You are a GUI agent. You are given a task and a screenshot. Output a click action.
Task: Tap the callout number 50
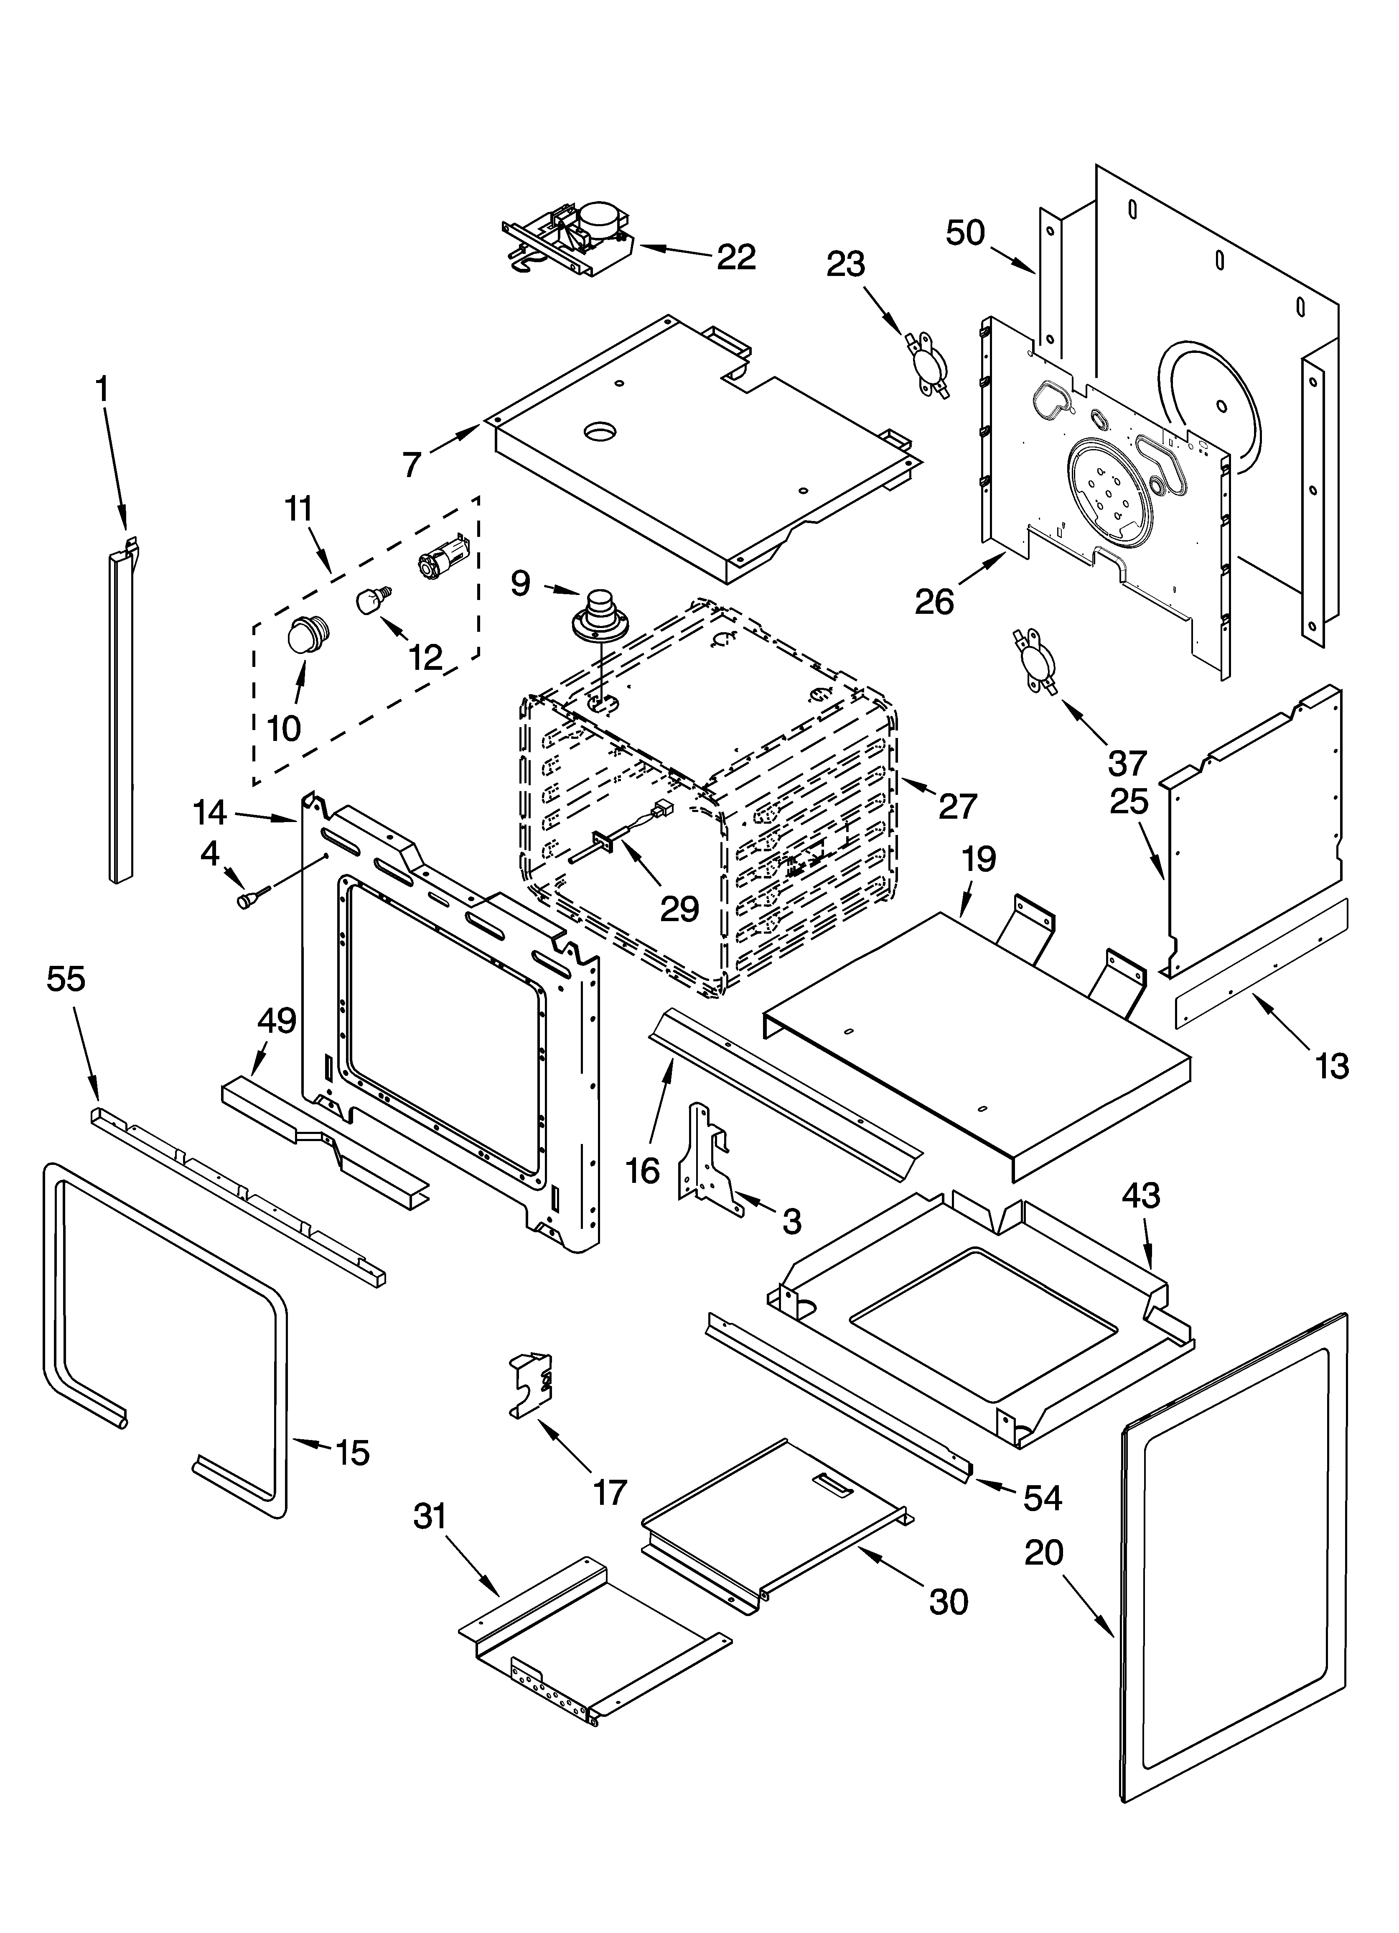coord(965,232)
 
